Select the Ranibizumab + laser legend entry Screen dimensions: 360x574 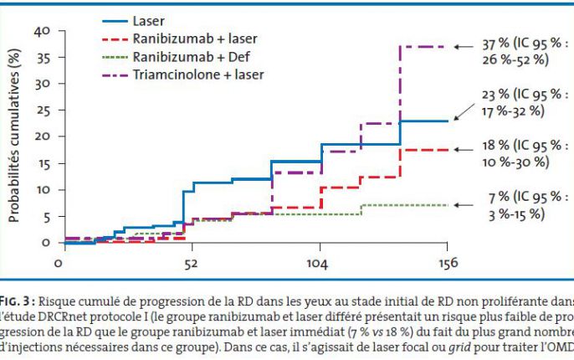pyautogui.click(x=194, y=38)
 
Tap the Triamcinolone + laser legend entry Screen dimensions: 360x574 pyautogui.click(x=197, y=75)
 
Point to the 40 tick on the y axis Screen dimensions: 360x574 pyautogui.click(x=43, y=31)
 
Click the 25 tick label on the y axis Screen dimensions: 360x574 pyautogui.click(x=43, y=110)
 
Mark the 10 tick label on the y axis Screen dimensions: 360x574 pyautogui.click(x=43, y=189)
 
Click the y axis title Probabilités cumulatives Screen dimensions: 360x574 pyautogui.click(x=13, y=136)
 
